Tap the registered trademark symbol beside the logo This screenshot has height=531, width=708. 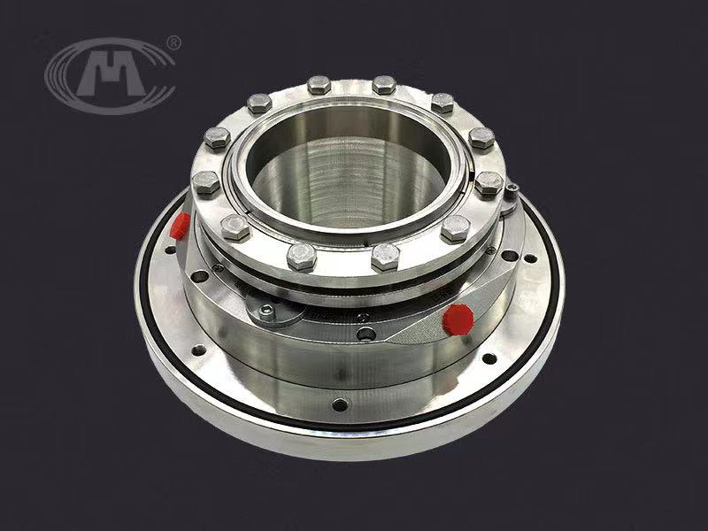[x=173, y=42]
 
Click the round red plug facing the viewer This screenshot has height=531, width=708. [x=458, y=319]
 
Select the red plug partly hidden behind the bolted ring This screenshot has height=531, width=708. [x=180, y=226]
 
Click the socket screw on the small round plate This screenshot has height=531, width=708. [x=267, y=311]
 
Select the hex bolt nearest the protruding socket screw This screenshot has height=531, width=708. [x=489, y=183]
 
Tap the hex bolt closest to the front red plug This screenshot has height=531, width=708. [x=455, y=228]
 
